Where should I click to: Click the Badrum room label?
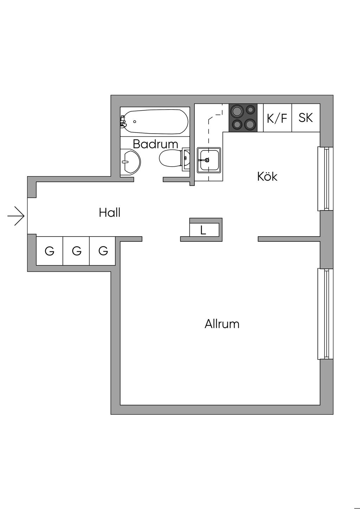(x=155, y=144)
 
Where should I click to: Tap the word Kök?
(x=267, y=176)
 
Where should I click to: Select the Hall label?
(x=110, y=213)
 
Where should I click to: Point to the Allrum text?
(x=222, y=324)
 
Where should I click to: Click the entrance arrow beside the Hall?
(x=16, y=215)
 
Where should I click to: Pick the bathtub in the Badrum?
(x=155, y=122)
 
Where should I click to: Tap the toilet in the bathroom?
(x=171, y=159)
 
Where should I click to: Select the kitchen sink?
(x=209, y=160)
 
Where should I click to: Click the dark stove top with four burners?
(x=243, y=118)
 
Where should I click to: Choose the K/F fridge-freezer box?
(x=277, y=118)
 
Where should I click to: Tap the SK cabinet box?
(x=306, y=118)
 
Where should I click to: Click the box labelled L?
(x=203, y=230)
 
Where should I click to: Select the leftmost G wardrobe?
(x=50, y=251)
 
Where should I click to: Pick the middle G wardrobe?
(x=76, y=251)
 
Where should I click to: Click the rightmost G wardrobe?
(x=103, y=251)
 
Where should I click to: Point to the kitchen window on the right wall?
(x=325, y=179)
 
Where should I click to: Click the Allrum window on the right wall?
(x=325, y=314)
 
